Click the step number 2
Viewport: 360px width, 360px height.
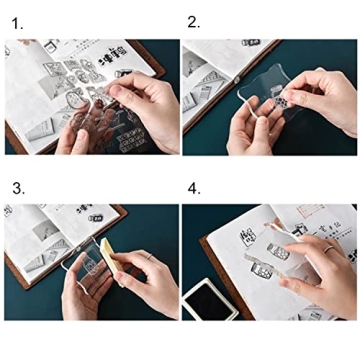(193, 21)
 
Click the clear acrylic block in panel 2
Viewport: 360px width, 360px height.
(262, 90)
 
